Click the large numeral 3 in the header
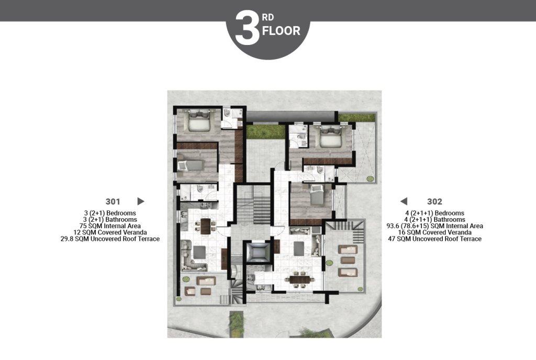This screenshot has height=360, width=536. (247, 28)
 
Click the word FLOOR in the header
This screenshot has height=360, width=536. (281, 31)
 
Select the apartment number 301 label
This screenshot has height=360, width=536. (113, 201)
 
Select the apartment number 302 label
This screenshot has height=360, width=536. (434, 201)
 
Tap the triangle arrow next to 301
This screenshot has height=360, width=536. (140, 201)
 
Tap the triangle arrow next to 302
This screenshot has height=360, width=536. (404, 201)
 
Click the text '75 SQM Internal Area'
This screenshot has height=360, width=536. (110, 226)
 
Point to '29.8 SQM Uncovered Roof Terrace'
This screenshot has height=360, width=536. (110, 239)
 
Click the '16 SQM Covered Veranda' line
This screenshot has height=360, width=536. (435, 232)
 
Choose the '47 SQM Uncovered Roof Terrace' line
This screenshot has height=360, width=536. (435, 239)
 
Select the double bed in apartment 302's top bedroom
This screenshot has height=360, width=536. (330, 136)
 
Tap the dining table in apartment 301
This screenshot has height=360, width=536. (205, 226)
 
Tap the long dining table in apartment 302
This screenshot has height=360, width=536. (300, 280)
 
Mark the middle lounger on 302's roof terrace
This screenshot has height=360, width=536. (348, 261)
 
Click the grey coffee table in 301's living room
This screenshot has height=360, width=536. (199, 252)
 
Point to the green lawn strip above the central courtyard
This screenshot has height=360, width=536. (265, 132)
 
